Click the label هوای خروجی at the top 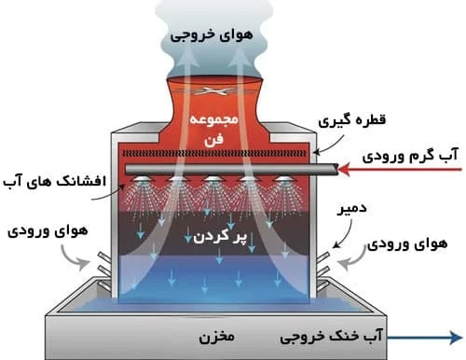click(x=212, y=35)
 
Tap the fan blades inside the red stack click(x=214, y=91)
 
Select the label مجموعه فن click(x=214, y=129)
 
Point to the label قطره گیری click(x=351, y=120)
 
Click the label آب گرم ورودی click(x=410, y=155)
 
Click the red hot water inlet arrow click(x=400, y=170)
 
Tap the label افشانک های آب click(x=55, y=181)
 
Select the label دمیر click(x=352, y=209)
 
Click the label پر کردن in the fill click(x=220, y=237)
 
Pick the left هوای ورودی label click(x=48, y=231)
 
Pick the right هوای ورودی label click(x=407, y=243)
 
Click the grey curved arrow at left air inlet click(x=74, y=258)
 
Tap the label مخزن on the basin click(x=216, y=337)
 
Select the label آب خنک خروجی click(x=331, y=337)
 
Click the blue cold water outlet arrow click(x=425, y=338)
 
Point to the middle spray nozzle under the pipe click(x=212, y=179)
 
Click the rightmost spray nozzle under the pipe click(x=282, y=179)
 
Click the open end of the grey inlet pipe click(x=336, y=170)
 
